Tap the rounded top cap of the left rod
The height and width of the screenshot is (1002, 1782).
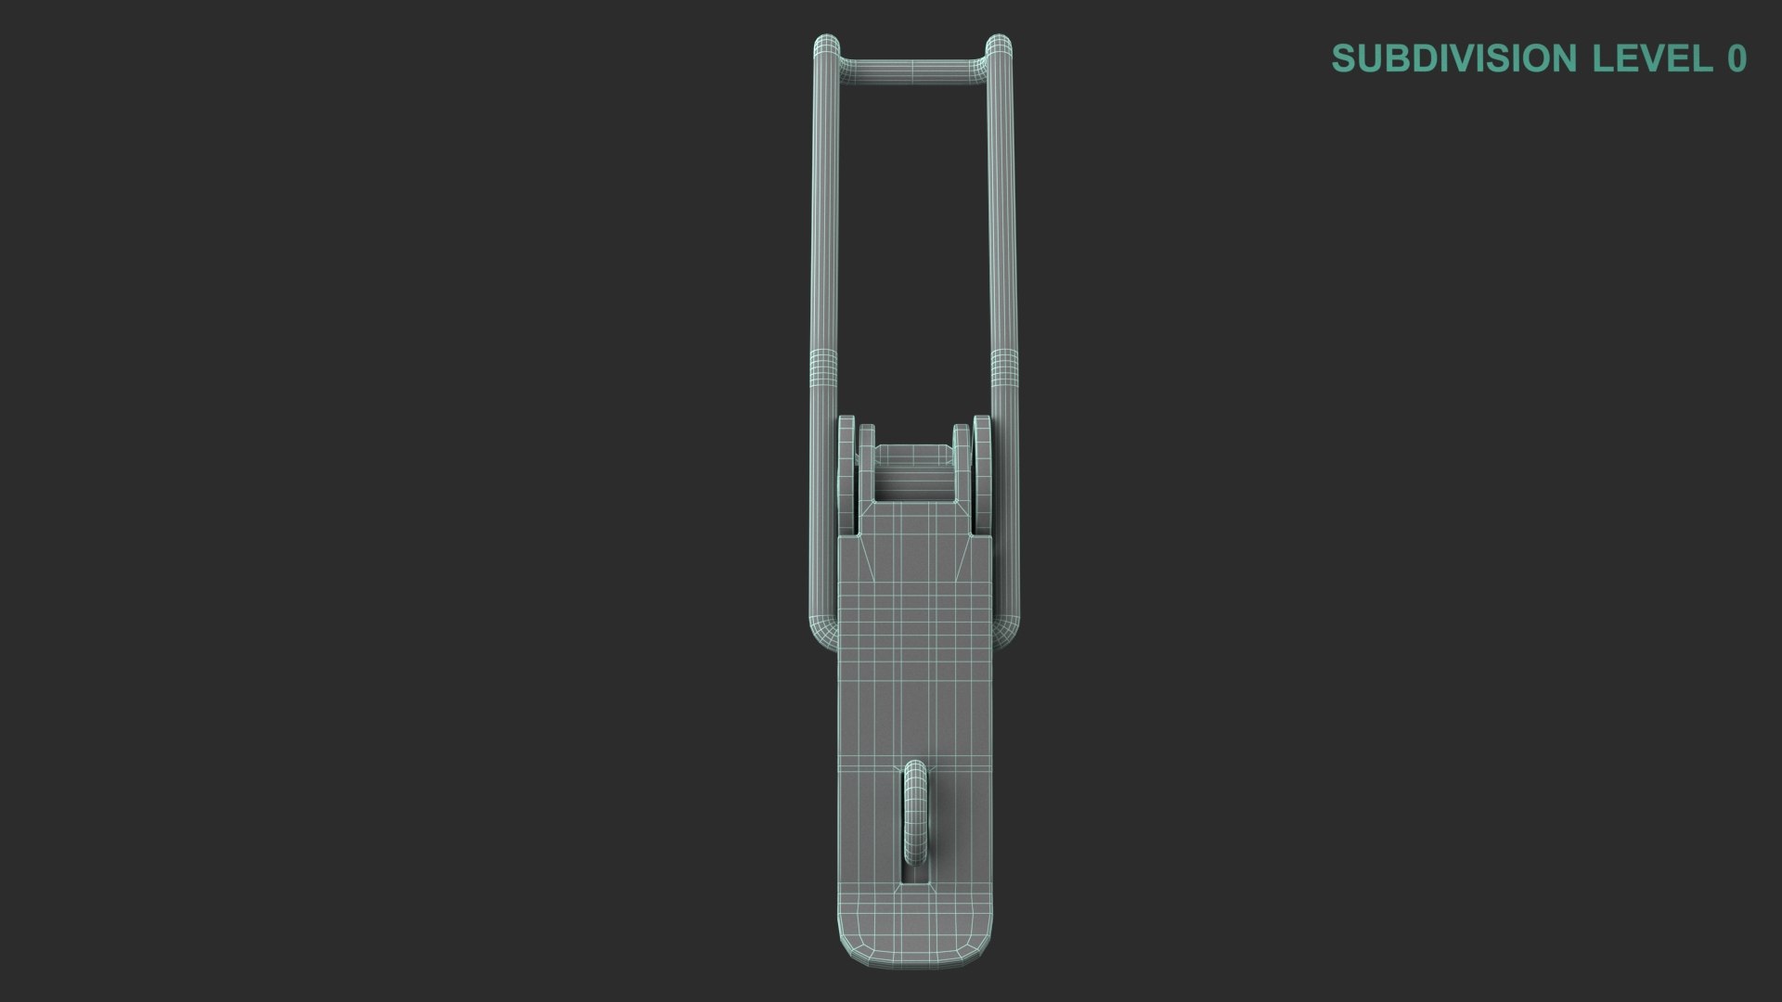tap(826, 45)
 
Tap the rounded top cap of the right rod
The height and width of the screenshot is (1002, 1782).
tap(999, 45)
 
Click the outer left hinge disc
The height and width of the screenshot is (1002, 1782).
tap(846, 473)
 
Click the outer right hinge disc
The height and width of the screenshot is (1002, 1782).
tap(982, 473)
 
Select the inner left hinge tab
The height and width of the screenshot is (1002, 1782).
tap(867, 464)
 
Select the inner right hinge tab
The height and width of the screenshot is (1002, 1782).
tap(962, 464)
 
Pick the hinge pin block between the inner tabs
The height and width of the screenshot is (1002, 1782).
tap(913, 473)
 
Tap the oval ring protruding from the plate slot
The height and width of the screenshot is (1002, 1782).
tap(915, 807)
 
